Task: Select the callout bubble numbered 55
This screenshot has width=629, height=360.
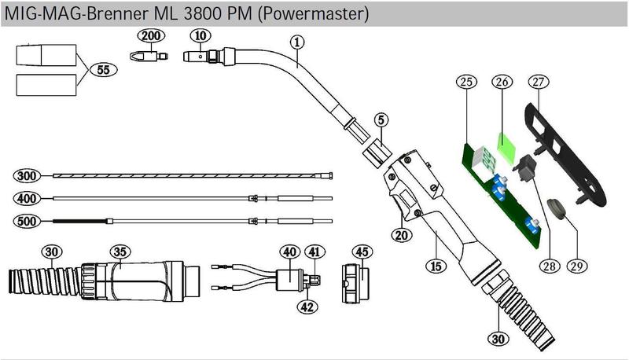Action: [102, 69]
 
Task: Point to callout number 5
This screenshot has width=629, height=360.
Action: [381, 120]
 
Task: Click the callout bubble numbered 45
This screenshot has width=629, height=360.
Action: [362, 252]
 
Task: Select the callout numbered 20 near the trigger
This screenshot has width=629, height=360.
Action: [401, 234]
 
